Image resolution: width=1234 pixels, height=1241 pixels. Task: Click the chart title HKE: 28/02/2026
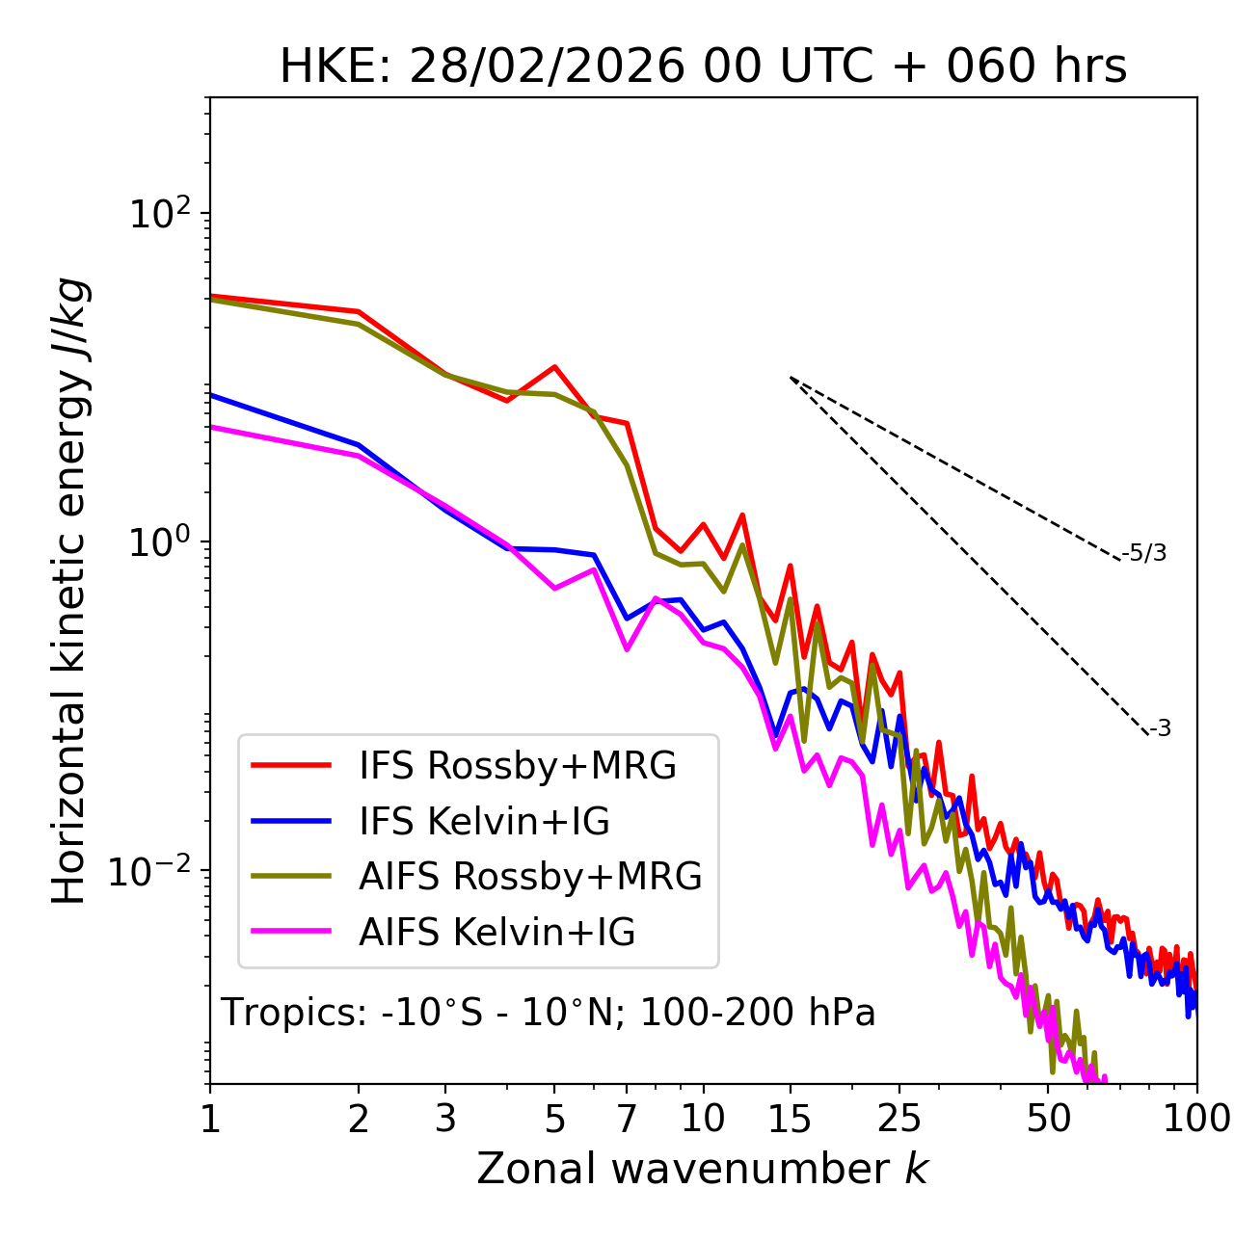[x=703, y=67]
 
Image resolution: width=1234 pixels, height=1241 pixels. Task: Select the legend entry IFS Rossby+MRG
[x=517, y=766]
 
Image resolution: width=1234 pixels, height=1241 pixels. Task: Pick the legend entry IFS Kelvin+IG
[x=484, y=822]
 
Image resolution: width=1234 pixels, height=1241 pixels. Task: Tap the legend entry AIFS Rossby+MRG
[x=530, y=877]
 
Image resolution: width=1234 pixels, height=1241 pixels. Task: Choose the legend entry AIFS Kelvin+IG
[x=496, y=933]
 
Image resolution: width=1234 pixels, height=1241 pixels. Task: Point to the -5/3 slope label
[x=1144, y=553]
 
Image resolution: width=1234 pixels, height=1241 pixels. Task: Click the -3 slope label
[x=1160, y=729]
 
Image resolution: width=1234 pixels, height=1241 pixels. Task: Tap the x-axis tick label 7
[x=627, y=1119]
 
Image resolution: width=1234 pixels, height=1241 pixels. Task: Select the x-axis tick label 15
[x=790, y=1119]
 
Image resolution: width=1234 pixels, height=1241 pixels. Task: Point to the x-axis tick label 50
[x=1048, y=1119]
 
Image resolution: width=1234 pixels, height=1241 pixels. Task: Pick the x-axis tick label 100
[x=1195, y=1119]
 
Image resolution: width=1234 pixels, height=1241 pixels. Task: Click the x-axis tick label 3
[x=445, y=1119]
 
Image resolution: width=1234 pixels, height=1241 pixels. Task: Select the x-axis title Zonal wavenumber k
[x=703, y=1169]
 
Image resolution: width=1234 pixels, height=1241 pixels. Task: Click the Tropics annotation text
[x=549, y=1013]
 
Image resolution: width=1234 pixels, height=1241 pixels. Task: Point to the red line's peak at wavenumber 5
[x=554, y=367]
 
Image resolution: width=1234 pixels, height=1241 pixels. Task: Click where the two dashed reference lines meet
[x=791, y=378]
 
